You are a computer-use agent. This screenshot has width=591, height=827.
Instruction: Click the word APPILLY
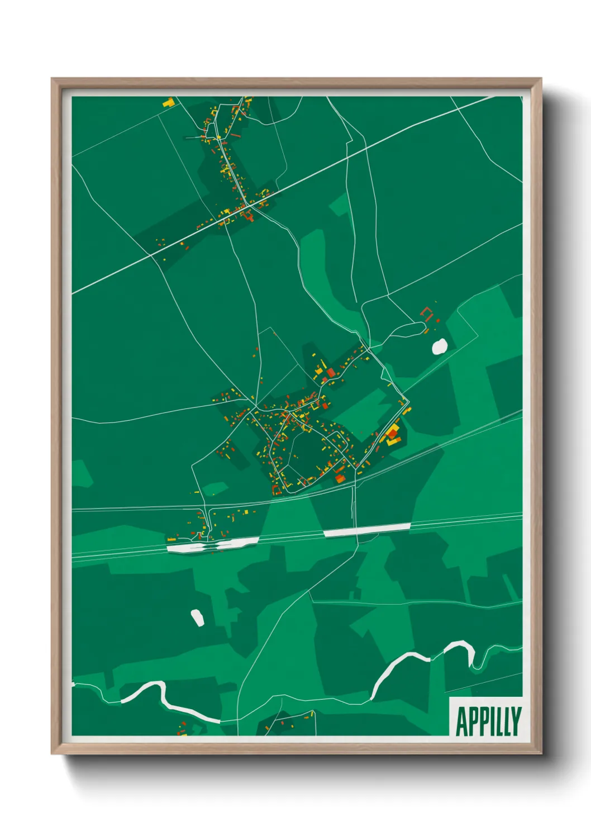[488, 721]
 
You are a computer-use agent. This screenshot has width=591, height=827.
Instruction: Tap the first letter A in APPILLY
[462, 721]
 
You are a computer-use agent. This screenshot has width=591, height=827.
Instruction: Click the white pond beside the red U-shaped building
[440, 346]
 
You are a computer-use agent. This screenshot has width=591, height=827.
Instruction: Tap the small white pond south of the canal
[197, 617]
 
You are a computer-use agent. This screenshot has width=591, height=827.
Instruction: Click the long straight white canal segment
[367, 530]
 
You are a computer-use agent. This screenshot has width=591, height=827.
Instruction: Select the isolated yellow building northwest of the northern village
[168, 102]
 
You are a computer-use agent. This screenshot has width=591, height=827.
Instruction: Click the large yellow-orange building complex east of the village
[393, 435]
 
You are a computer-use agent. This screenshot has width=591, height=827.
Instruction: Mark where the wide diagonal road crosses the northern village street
[250, 205]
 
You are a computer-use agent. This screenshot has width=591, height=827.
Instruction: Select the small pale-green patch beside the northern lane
[339, 205]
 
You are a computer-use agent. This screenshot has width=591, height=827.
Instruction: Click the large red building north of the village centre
[331, 373]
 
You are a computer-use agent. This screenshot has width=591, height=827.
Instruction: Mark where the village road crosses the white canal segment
[354, 531]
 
